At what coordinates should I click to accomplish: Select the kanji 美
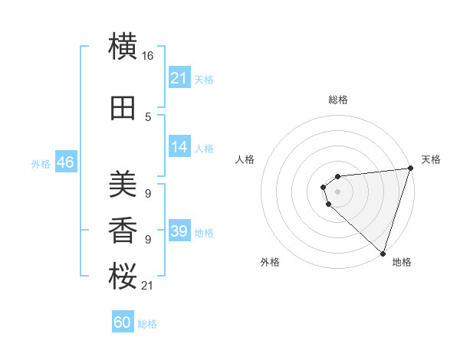click(123, 184)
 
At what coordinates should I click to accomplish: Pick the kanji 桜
click(123, 277)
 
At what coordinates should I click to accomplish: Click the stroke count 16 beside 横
click(148, 56)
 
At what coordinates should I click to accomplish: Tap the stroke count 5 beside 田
click(148, 117)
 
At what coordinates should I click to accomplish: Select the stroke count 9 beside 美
click(148, 193)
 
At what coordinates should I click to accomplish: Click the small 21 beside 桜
click(148, 286)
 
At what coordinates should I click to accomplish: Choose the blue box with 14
click(179, 148)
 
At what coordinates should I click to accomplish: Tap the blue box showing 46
click(65, 163)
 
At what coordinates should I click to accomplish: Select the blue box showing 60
click(123, 322)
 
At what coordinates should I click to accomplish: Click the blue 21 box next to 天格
click(179, 78)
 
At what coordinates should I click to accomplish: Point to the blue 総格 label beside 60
click(147, 324)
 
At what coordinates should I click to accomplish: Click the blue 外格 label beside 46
click(41, 164)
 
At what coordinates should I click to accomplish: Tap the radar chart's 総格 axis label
click(337, 100)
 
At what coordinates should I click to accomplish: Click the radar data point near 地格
click(382, 253)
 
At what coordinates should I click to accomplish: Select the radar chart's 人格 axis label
click(245, 159)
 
